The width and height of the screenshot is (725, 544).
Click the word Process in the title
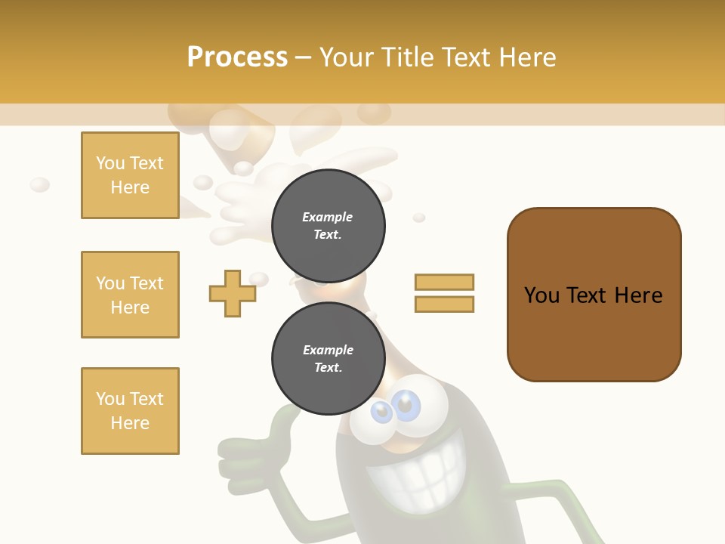point(237,57)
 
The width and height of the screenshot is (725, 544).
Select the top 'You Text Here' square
point(130,175)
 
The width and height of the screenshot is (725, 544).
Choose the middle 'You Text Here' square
point(130,295)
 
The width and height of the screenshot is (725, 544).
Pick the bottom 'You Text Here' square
point(130,411)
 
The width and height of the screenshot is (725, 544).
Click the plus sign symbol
point(233,293)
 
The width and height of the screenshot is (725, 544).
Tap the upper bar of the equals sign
point(444,282)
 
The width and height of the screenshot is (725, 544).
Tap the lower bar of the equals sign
point(444,304)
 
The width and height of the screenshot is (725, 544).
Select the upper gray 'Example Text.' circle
point(328,225)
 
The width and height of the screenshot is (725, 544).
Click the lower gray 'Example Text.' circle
point(328,358)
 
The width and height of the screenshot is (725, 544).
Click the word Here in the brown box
point(638,295)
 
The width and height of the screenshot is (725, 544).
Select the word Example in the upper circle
point(328,217)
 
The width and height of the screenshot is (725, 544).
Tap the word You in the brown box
point(542,295)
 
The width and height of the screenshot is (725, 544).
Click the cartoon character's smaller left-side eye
point(382,412)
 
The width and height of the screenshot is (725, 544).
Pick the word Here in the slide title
point(529,57)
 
